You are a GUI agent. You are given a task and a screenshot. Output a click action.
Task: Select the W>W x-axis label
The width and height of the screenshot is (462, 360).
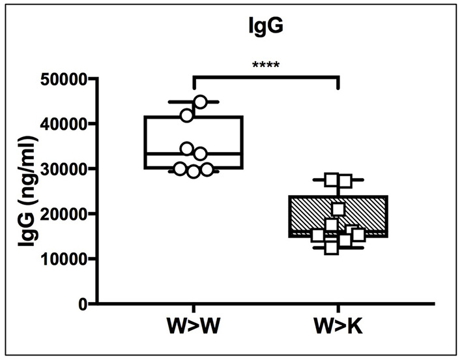(194, 327)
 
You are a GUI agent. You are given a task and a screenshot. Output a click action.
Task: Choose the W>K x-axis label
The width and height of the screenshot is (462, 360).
(338, 327)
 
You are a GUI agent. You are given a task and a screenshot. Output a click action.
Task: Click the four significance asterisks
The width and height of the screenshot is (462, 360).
(266, 66)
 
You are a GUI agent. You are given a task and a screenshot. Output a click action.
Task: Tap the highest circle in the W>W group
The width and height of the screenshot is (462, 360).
(201, 102)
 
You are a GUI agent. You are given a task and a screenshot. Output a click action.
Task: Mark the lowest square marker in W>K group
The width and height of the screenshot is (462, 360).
(331, 248)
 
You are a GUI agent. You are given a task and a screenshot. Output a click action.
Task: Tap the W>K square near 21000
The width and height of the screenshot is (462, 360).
(338, 209)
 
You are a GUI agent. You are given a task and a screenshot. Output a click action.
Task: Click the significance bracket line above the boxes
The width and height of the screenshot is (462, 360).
(266, 77)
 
